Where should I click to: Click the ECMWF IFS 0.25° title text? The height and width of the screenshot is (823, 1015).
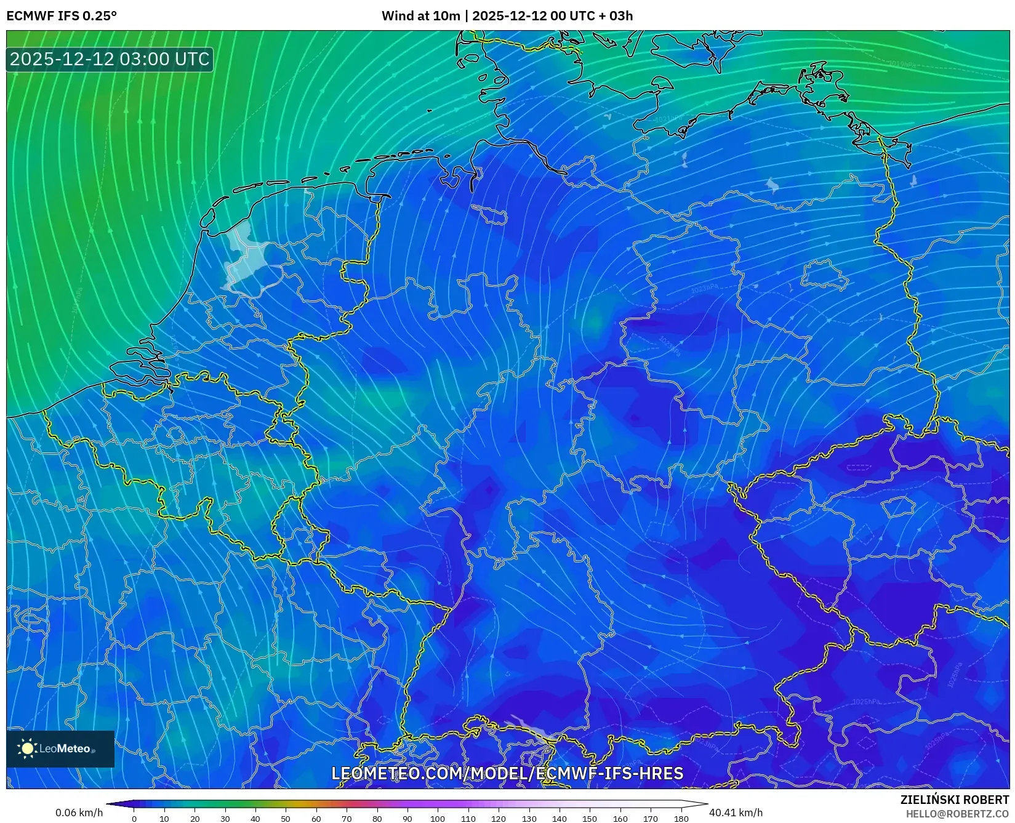pos(61,16)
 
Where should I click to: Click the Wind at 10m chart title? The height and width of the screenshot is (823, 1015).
pos(507,16)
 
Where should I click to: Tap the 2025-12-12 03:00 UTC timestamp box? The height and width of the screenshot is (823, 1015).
pos(110,59)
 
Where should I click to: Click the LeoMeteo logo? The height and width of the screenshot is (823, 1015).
pos(60,749)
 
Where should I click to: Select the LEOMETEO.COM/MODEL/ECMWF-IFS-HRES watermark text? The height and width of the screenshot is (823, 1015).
pos(507,773)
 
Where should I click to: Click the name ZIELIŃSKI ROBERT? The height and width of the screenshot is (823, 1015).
pos(955,800)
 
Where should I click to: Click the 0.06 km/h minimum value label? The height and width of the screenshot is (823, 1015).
pos(79,813)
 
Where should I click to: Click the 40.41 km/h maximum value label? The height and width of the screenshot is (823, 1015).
pos(736,813)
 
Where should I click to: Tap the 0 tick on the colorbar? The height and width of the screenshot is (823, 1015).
pos(134,819)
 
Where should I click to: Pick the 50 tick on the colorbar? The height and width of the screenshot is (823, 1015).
pos(286,819)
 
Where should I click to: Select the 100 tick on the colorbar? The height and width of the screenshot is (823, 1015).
pos(438,819)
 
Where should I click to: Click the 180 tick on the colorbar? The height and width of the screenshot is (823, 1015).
pos(681,819)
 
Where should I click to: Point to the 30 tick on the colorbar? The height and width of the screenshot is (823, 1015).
pos(225,819)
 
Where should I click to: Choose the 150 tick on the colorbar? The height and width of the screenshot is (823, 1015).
pos(590,819)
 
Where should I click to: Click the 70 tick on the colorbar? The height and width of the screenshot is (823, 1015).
pos(347,819)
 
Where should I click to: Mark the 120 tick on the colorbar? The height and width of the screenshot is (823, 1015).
pos(499,819)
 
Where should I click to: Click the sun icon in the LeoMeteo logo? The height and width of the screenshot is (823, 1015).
pos(28,749)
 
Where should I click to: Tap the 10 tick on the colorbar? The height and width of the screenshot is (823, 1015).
pos(164,819)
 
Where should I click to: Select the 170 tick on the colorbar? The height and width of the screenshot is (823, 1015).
pos(651,819)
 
